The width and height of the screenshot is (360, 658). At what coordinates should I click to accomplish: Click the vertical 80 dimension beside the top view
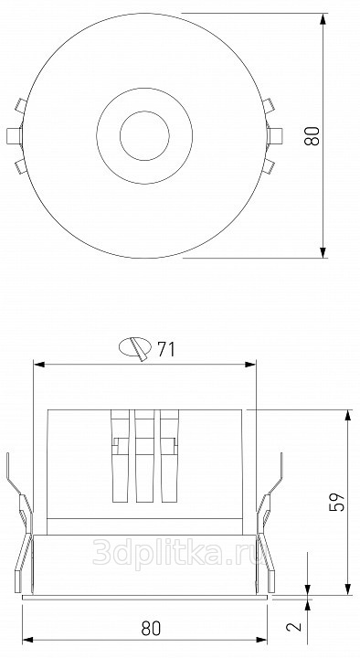pos(312,136)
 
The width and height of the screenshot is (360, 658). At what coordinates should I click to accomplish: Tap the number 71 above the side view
pos(166,349)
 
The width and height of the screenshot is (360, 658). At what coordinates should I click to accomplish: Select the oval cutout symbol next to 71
pos(135,348)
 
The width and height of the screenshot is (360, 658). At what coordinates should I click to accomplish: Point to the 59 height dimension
pos(337,501)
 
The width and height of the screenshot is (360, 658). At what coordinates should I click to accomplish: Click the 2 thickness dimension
pos(294,627)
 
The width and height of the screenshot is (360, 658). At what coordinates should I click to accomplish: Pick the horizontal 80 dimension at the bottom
pos(151,629)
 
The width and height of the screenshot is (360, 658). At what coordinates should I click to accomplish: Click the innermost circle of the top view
pos(144,136)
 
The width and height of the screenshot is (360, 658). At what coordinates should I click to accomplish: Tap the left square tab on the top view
pos(15,136)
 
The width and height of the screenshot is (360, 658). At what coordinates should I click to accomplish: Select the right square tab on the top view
pos(275,136)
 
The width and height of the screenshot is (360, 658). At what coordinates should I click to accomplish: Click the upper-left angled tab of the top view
pos(21,105)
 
